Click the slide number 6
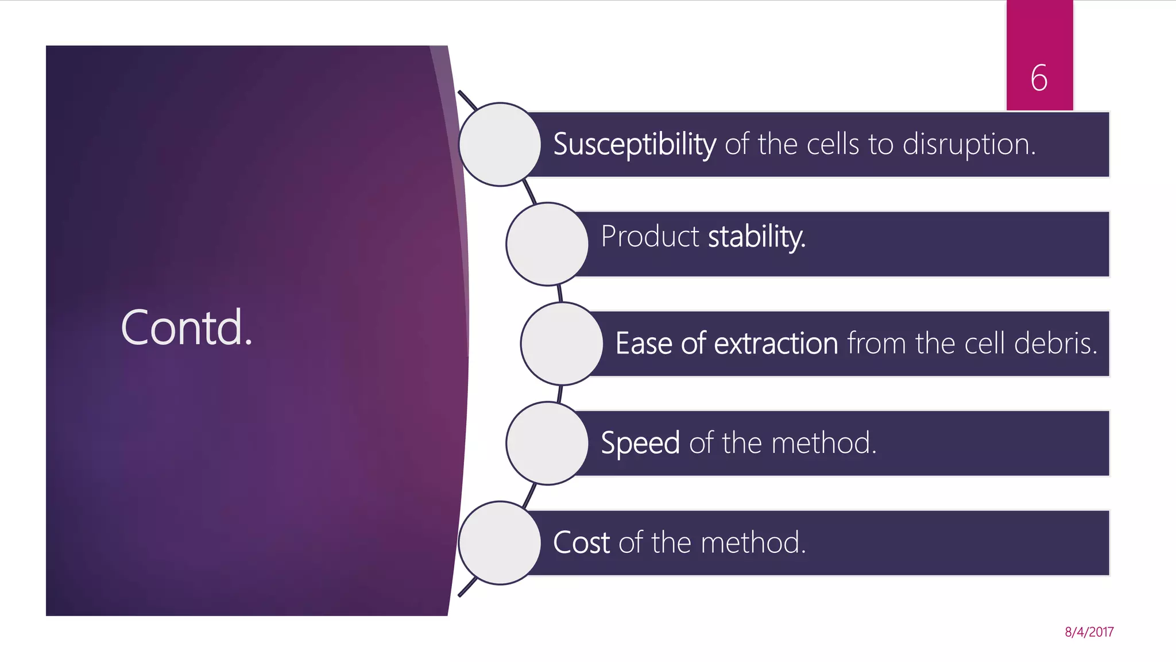[1039, 78]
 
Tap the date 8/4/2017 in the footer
[1089, 632]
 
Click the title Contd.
[187, 328]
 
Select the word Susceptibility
[634, 144]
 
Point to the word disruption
[969, 144]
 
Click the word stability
[756, 236]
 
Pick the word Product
[649, 236]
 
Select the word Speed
[640, 444]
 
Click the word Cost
[581, 542]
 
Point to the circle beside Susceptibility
[500, 144]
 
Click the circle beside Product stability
[547, 244]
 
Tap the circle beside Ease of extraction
[562, 344]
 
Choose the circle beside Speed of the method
[547, 443]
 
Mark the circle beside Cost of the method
[500, 543]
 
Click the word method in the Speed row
[823, 444]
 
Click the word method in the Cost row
[753, 542]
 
